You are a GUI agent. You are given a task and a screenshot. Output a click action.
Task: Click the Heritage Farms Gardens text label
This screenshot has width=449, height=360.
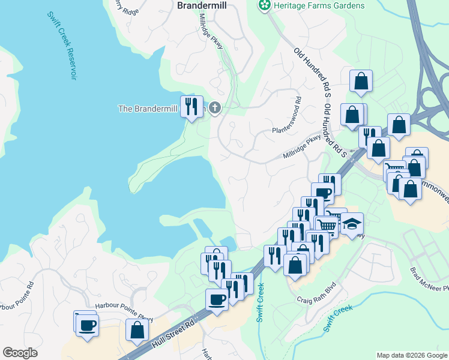tap(319, 5)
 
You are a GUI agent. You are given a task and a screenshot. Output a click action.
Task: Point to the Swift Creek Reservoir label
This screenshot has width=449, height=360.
tap(61, 44)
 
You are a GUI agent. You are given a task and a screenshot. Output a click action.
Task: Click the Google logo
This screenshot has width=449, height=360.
tap(20, 353)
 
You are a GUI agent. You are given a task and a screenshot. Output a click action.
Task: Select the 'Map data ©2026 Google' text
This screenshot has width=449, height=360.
tap(412, 355)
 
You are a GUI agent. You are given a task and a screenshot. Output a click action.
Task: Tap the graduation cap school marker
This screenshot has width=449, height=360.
tap(352, 224)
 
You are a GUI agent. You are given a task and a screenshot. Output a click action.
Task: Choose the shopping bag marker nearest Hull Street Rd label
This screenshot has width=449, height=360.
tap(137, 329)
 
